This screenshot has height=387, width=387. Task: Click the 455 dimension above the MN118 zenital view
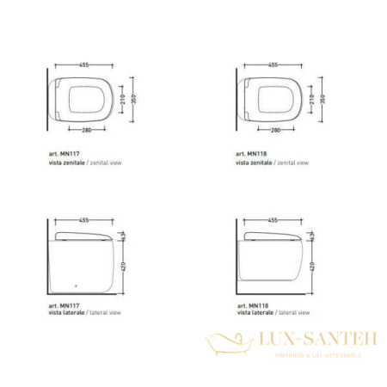pyautogui.click(x=272, y=64)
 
